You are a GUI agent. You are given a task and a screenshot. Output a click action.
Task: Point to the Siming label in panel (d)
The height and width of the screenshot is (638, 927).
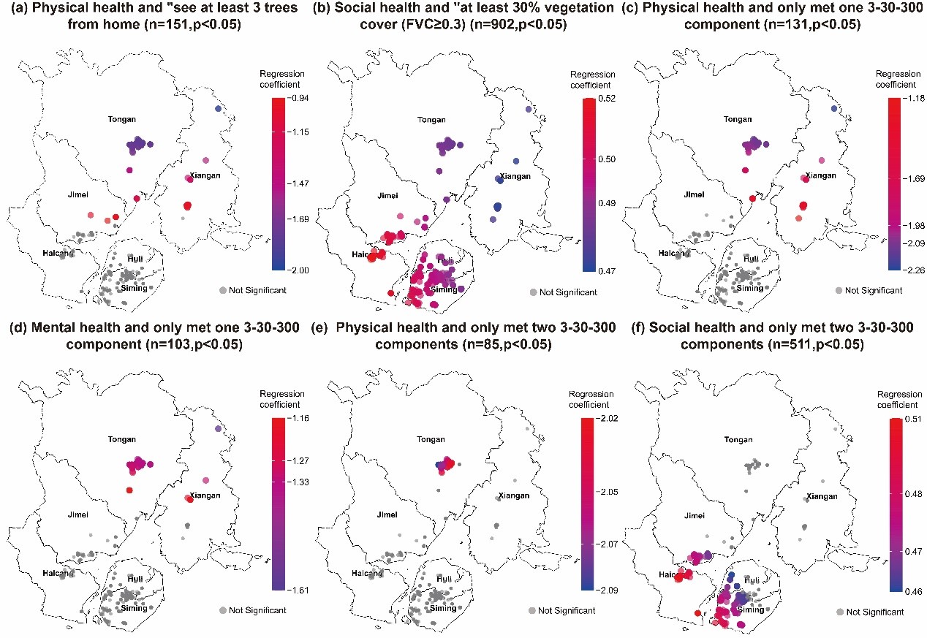[x=135, y=608]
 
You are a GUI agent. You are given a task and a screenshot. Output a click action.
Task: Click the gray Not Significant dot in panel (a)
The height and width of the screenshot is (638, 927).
[x=223, y=290]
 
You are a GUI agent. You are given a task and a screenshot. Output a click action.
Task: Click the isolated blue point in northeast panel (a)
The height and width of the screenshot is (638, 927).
[x=218, y=109]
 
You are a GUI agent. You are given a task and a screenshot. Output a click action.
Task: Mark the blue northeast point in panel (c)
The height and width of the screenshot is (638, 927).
[x=834, y=109]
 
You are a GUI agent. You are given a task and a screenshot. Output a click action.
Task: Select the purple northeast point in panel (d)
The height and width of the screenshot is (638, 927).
[x=218, y=429]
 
